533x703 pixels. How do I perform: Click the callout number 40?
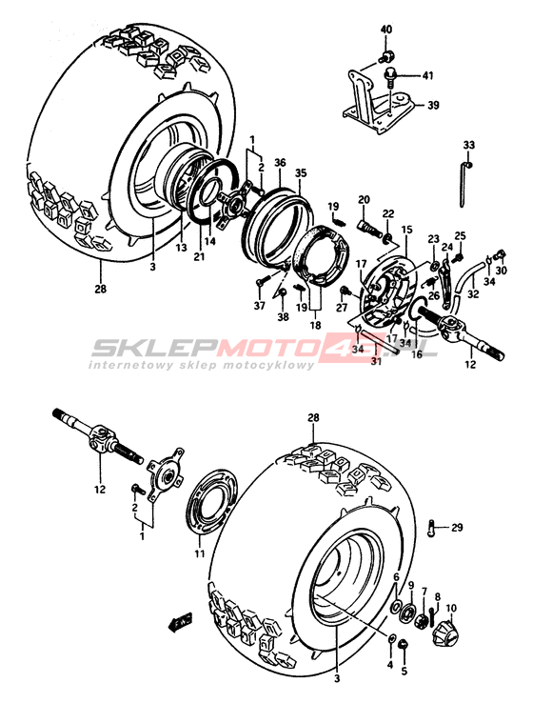[x=386, y=30]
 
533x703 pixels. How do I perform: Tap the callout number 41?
[x=428, y=76]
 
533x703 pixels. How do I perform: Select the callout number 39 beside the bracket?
[x=433, y=106]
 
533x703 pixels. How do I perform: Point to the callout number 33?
[x=469, y=145]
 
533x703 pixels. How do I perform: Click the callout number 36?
[x=280, y=162]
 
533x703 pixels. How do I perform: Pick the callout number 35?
[x=301, y=172]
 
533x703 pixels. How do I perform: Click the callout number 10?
[x=451, y=609]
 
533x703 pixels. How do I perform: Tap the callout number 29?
[x=457, y=528]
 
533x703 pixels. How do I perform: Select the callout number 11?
[x=199, y=553]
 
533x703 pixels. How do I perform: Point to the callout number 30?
[x=502, y=271]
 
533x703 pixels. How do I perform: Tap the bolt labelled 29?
[x=431, y=528]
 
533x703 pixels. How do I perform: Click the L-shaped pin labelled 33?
[x=464, y=184]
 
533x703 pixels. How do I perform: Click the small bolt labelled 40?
[x=385, y=57]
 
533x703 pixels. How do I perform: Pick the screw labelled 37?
[x=262, y=281]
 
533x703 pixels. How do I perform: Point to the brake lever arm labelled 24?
[x=448, y=284]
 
